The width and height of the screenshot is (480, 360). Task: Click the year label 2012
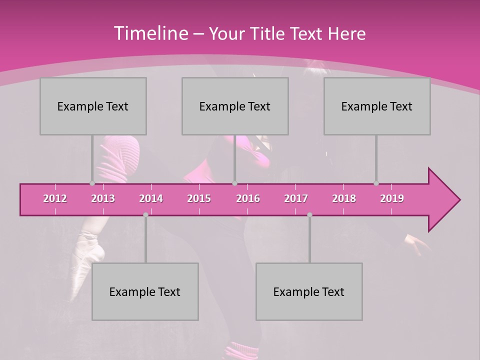pos(55,198)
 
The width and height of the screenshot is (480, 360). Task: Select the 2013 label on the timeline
pos(103,198)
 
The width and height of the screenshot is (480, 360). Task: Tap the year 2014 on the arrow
pos(151,198)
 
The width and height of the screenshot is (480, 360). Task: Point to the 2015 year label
pos(199,198)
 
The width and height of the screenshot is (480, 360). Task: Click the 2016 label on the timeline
pos(248,198)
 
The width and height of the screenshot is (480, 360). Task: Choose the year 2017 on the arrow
pos(296,198)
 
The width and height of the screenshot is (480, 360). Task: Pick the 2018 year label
pos(344,198)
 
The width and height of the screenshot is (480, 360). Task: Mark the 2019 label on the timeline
pos(392,198)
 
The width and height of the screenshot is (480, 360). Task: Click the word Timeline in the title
pos(150,33)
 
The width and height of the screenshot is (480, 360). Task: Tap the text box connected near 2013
pos(93,106)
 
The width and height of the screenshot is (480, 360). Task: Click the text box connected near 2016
pos(235,106)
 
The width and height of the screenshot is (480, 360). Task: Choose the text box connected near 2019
pos(377,106)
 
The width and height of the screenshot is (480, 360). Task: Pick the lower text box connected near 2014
pos(145,291)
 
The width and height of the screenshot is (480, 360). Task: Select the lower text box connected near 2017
pos(309,291)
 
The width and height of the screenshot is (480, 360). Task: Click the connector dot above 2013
pos(92,183)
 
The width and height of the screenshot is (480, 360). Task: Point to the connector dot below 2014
pos(145,215)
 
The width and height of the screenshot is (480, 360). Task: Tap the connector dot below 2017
pos(309,215)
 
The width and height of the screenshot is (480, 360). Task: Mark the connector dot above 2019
pos(376,183)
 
